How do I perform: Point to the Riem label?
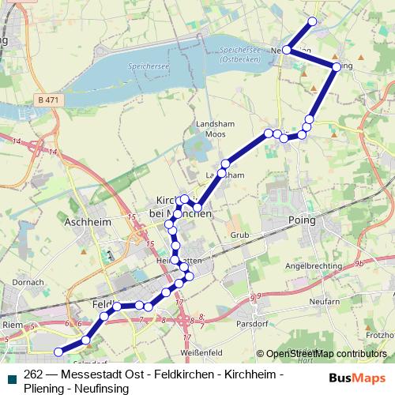[11, 323]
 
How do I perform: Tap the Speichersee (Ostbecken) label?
[235, 53]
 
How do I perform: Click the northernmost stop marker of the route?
[312, 21]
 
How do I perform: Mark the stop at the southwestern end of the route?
[57, 352]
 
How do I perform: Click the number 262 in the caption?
[34, 374]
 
